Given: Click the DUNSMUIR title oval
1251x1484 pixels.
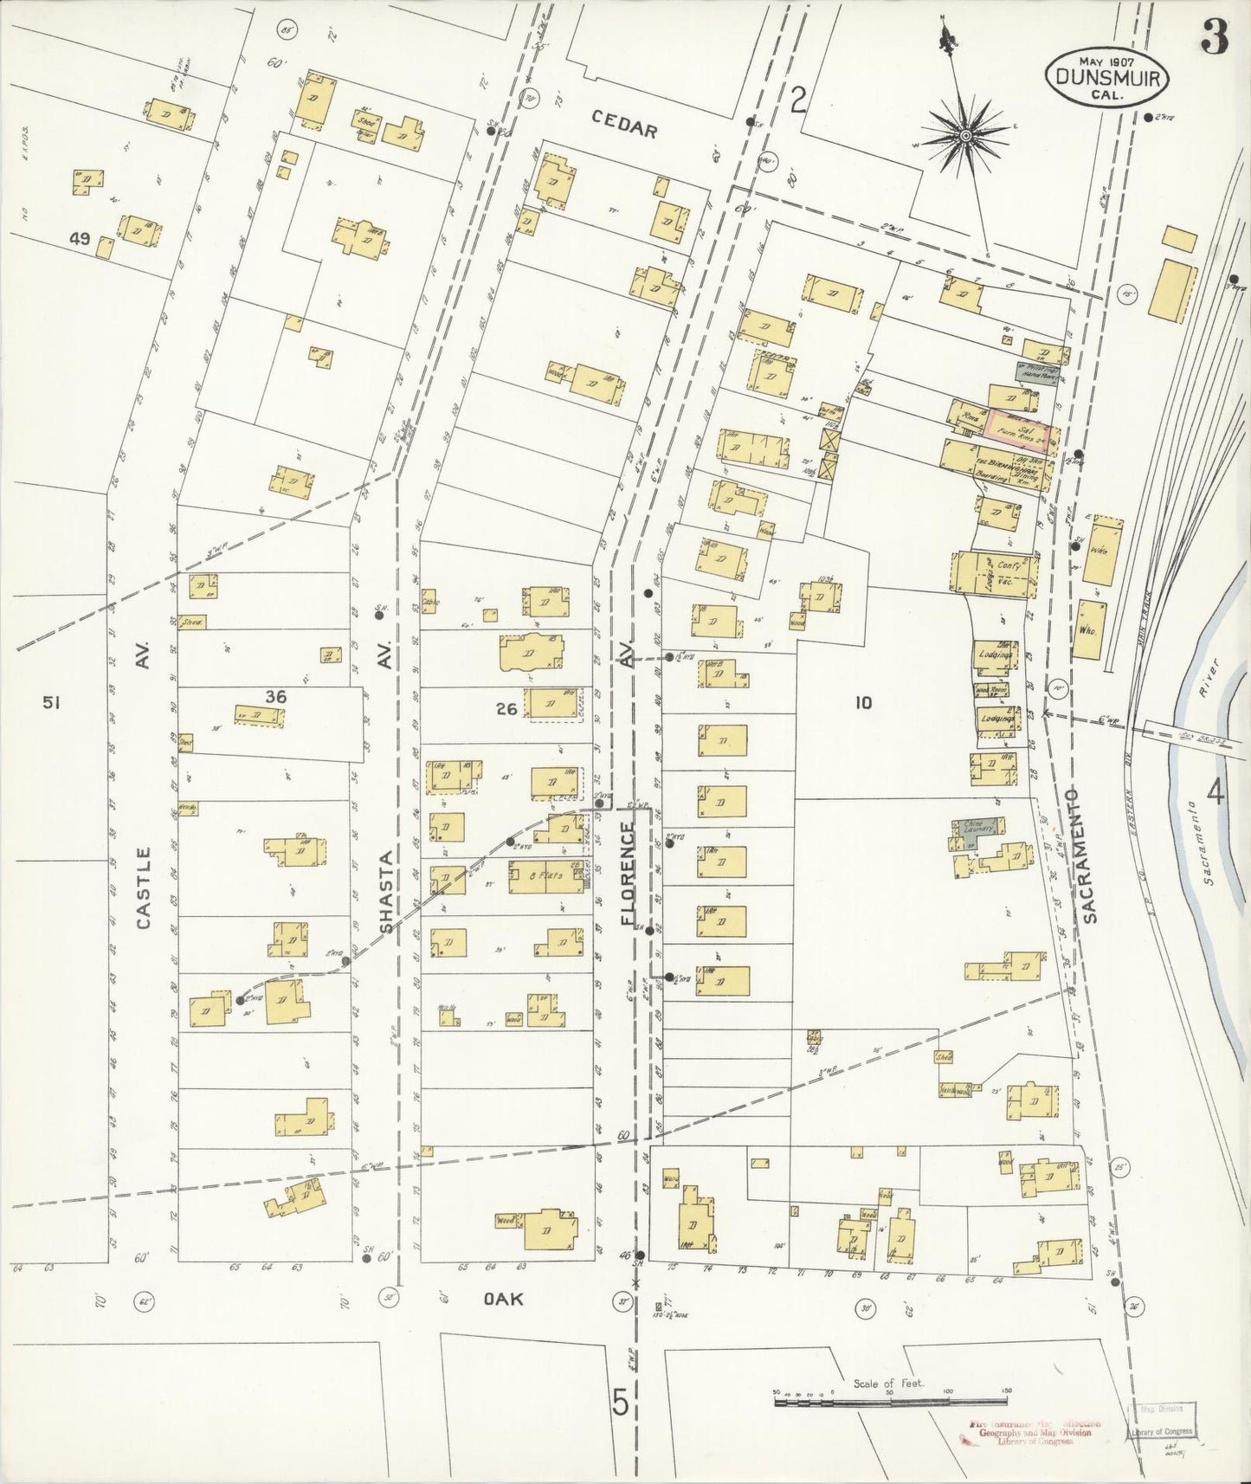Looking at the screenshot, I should click(x=1109, y=77).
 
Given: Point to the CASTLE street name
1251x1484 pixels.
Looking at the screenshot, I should click(x=143, y=887).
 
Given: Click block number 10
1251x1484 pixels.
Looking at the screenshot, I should click(x=862, y=703).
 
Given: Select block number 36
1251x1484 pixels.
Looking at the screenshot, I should click(x=276, y=696).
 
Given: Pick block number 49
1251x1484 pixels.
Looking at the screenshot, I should click(x=80, y=240).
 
